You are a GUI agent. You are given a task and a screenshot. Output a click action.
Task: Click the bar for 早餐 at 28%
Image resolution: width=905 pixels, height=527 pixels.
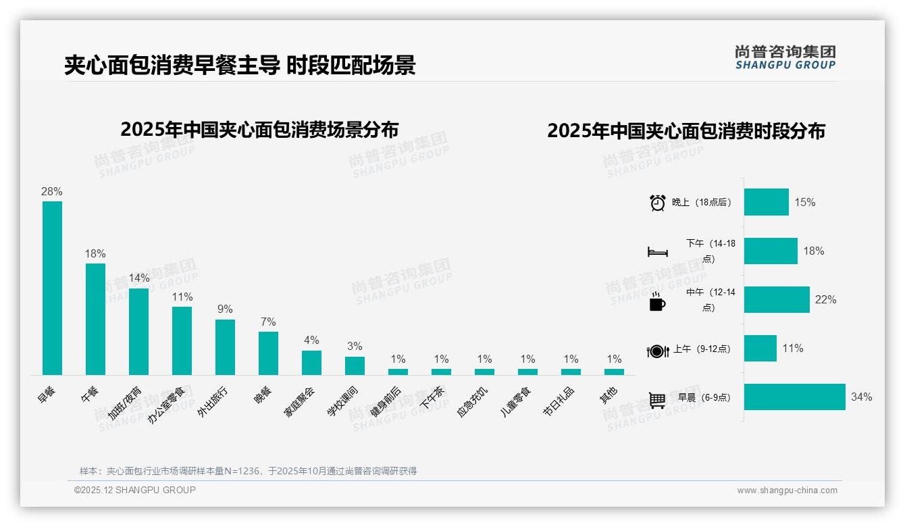tap(52, 288)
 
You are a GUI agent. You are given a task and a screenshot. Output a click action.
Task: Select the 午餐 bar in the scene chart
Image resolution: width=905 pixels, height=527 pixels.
tap(95, 319)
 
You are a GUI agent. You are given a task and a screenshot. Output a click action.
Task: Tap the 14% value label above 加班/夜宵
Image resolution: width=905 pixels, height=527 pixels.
tap(138, 278)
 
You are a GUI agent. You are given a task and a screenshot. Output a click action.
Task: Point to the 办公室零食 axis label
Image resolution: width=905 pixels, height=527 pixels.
tap(167, 404)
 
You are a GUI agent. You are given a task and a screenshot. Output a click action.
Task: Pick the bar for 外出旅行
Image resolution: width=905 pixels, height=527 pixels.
tap(225, 347)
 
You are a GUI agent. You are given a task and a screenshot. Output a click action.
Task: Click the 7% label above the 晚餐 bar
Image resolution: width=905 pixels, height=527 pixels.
tap(268, 322)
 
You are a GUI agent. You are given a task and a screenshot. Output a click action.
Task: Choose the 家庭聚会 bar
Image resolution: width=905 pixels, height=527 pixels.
tap(311, 362)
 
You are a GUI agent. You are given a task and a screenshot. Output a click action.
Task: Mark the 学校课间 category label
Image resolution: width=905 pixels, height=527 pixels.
tap(343, 401)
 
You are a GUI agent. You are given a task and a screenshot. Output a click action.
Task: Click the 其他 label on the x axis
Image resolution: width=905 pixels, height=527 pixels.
tap(609, 395)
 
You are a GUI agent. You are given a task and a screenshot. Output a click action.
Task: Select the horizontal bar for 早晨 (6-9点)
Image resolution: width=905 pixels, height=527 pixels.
tap(794, 397)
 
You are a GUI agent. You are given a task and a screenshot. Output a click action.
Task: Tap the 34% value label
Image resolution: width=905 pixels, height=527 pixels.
tap(861, 397)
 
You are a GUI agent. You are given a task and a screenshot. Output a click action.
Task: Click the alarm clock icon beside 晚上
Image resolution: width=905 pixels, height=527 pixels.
tap(657, 203)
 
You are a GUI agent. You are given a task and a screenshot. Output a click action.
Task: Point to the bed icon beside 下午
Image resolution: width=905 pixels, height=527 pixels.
tap(657, 252)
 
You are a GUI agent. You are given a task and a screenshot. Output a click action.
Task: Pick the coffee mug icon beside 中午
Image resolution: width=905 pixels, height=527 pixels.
tap(656, 301)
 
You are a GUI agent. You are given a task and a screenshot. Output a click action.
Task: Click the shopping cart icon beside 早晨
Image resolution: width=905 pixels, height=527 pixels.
tap(657, 399)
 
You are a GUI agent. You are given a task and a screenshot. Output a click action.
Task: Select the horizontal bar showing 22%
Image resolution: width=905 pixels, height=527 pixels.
tap(777, 300)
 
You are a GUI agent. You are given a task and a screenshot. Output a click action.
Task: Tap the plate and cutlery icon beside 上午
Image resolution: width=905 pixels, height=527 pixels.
tap(657, 351)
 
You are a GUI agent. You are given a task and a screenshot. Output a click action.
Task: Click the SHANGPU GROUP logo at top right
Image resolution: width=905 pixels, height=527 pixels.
tap(785, 57)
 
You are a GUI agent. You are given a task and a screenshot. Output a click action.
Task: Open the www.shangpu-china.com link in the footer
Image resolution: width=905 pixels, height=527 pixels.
tap(787, 491)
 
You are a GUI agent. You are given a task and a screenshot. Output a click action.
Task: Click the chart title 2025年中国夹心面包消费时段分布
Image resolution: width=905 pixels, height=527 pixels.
tap(686, 131)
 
